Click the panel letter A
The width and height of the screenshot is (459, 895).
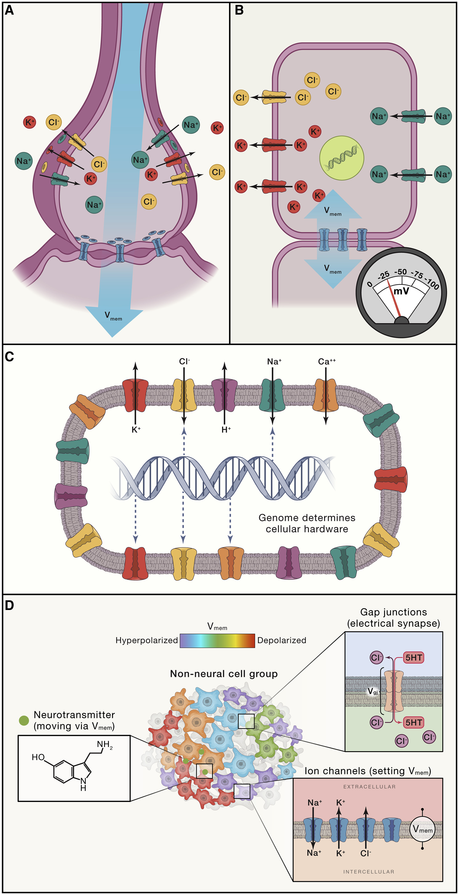(x=9, y=11)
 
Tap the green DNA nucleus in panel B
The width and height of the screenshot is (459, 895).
(x=341, y=158)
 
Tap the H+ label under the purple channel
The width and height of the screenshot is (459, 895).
(x=226, y=430)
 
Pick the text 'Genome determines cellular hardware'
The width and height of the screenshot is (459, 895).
(x=307, y=523)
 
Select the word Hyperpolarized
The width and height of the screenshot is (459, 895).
(x=146, y=640)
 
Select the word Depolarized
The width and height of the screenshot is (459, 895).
(x=282, y=640)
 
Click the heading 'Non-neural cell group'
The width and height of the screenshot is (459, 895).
(x=223, y=674)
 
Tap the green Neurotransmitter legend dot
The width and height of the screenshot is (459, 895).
(x=24, y=720)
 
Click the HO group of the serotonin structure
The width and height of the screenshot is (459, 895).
(x=38, y=757)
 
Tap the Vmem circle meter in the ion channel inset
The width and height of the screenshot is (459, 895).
(x=422, y=829)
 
